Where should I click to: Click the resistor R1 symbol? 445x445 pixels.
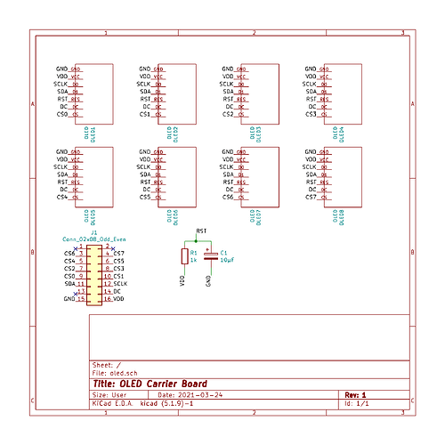(184, 256)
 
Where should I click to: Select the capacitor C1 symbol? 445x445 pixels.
(210, 256)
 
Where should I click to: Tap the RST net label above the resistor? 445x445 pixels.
(201, 231)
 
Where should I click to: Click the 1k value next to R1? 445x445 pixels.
(193, 261)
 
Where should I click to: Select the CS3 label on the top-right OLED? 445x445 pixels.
(311, 114)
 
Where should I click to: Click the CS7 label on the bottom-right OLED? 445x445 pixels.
(311, 197)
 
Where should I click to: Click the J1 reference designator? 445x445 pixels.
(93, 232)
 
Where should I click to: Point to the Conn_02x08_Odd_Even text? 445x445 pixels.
(93, 239)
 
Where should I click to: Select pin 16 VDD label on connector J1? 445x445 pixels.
(118, 300)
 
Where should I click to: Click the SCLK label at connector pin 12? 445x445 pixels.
(120, 284)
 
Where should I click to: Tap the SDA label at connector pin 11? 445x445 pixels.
(69, 284)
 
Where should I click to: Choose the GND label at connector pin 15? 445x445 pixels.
(69, 300)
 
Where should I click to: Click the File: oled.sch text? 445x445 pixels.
(115, 372)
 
